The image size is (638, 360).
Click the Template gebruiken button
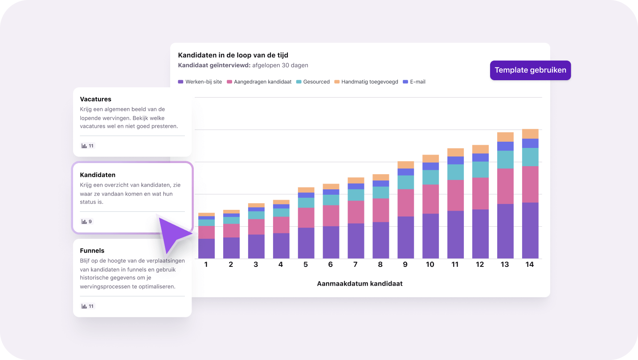(x=530, y=70)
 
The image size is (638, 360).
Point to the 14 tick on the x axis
(x=530, y=265)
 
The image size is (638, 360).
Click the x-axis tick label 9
(x=405, y=265)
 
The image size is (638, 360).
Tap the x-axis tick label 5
(x=305, y=265)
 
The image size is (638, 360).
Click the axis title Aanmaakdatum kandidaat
(x=360, y=283)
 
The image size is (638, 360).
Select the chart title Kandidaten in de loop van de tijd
(x=233, y=55)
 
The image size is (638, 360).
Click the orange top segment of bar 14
(x=530, y=134)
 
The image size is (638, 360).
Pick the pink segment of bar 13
(x=505, y=186)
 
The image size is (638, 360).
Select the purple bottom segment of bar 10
(x=430, y=236)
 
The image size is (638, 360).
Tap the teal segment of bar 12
(x=480, y=170)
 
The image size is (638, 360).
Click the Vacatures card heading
(x=95, y=99)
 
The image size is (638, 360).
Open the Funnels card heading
(x=92, y=250)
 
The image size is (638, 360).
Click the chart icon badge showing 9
(x=87, y=221)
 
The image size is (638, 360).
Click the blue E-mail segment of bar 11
(x=455, y=160)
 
